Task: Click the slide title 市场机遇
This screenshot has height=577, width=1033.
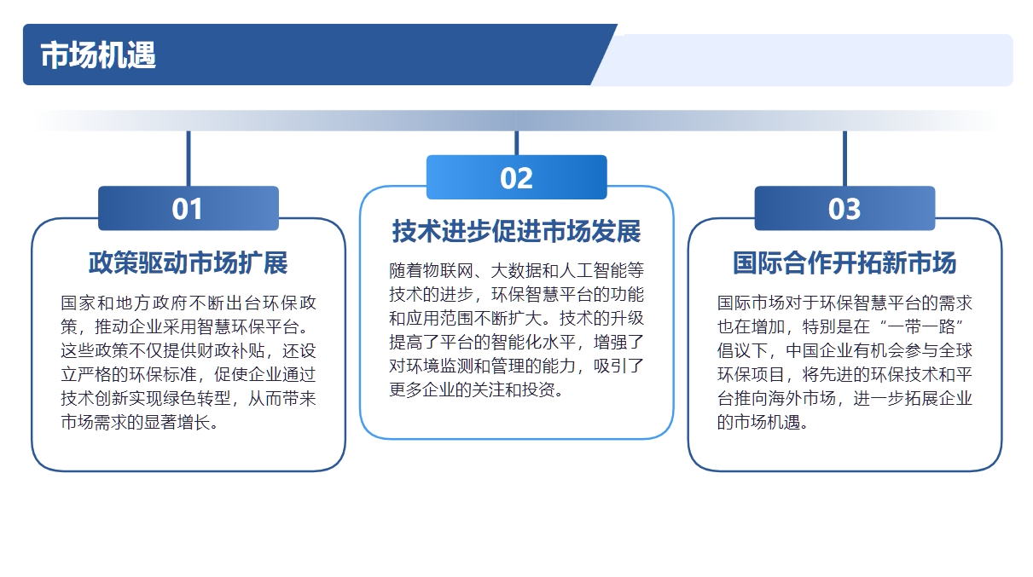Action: click(98, 55)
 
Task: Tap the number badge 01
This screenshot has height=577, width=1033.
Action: click(189, 208)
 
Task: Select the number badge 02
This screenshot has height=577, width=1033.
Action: click(517, 177)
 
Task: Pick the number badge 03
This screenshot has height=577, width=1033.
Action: click(844, 208)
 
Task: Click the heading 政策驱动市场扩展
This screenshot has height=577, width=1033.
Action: click(189, 263)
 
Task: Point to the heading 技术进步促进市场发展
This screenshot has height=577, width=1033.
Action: click(517, 231)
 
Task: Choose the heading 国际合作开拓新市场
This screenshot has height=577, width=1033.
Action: click(844, 263)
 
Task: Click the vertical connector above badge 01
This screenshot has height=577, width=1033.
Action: click(189, 159)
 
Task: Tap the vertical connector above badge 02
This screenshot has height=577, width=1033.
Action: click(517, 143)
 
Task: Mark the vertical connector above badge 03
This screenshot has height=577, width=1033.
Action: click(844, 159)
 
